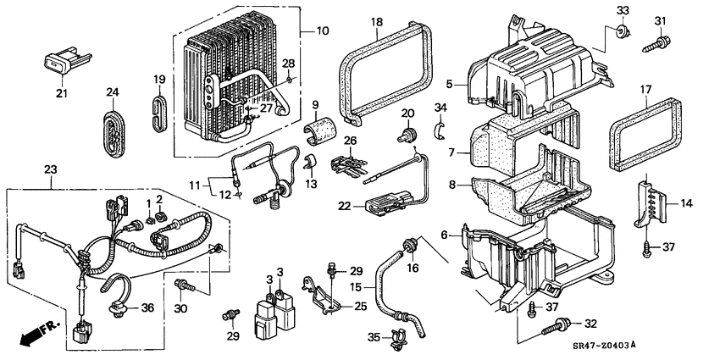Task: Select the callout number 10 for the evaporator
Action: point(322,31)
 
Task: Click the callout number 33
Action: point(624,10)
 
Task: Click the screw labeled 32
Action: point(562,324)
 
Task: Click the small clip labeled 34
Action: point(440,129)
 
